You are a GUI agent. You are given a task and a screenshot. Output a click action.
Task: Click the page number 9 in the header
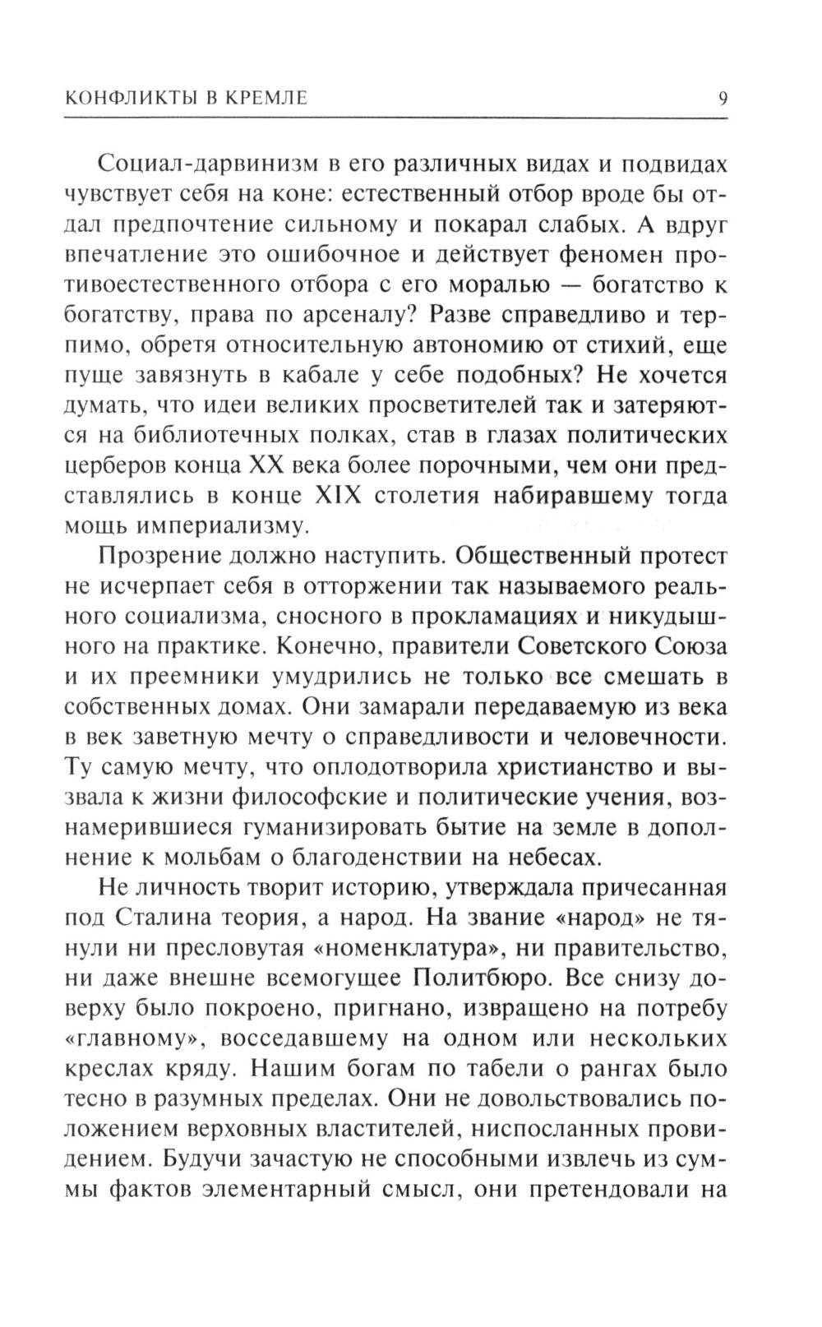click(x=722, y=99)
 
